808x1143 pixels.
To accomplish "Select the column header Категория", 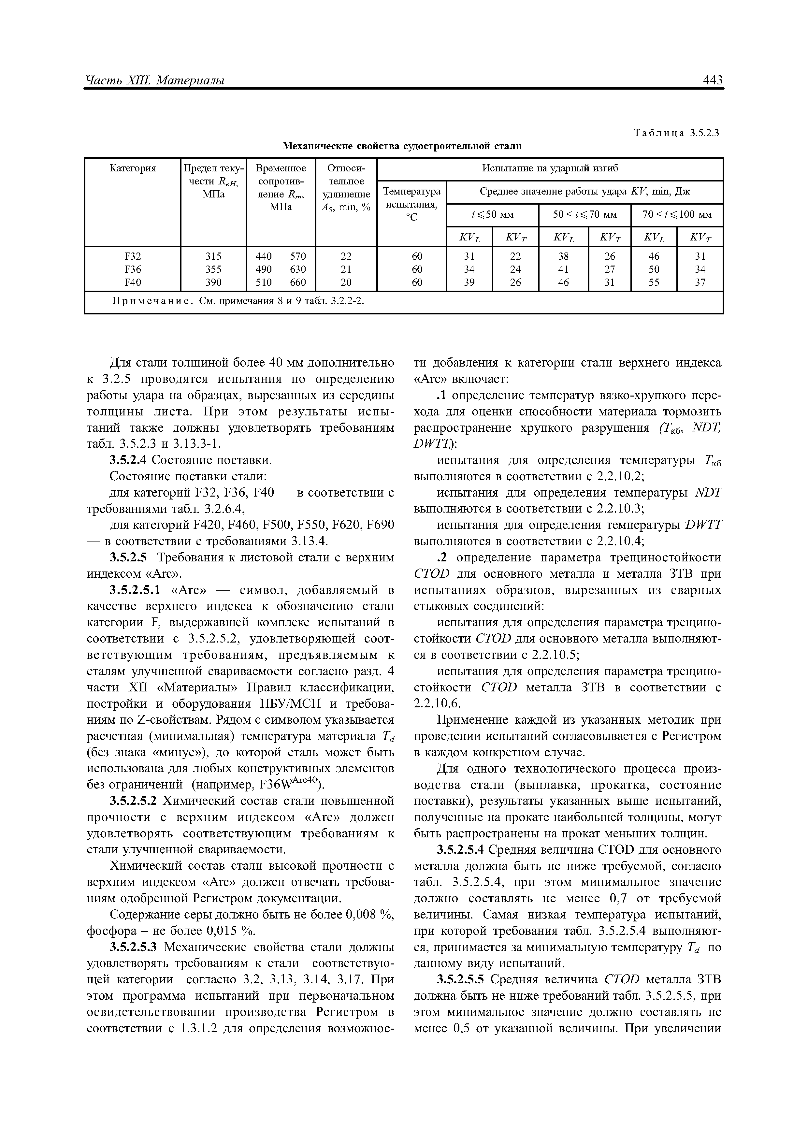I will [x=132, y=168].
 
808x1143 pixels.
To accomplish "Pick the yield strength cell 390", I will [x=213, y=282].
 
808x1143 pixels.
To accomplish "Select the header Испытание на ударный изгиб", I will [x=550, y=168].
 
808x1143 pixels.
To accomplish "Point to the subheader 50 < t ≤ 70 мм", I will [x=584, y=215].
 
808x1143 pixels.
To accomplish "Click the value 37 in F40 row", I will [x=700, y=282].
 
